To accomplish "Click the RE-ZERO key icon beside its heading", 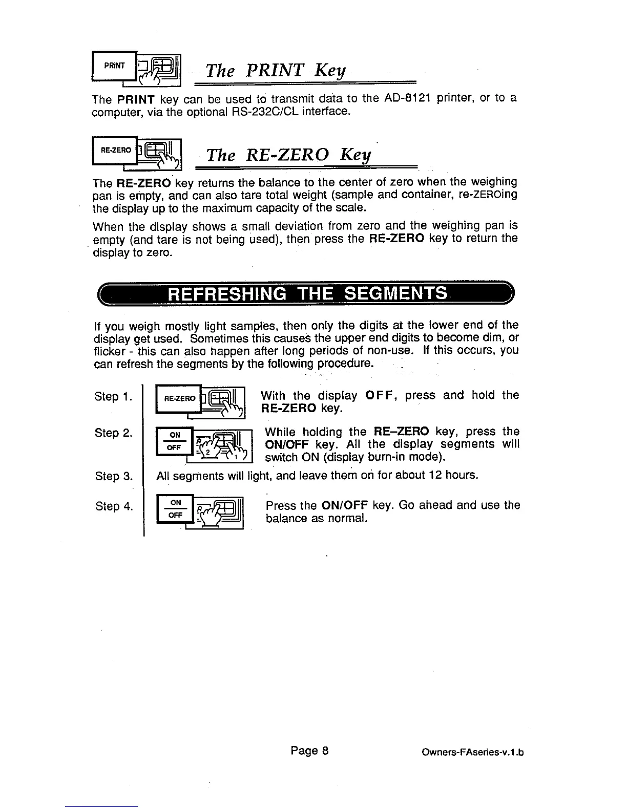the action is click(137, 152).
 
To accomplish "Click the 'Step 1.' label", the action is click(114, 397).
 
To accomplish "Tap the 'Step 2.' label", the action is click(114, 433).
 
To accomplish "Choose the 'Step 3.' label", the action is click(114, 476).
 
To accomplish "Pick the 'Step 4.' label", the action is click(114, 507).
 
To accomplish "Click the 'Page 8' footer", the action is click(309, 751).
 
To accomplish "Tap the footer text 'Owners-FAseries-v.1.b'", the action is click(473, 753).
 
